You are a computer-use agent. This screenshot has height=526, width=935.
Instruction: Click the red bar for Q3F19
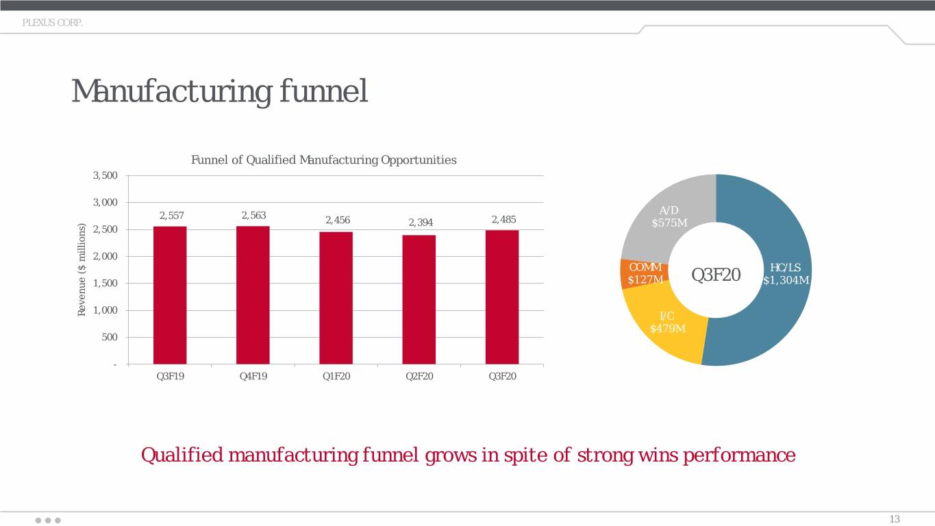170,295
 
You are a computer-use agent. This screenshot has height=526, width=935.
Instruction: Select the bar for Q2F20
419,300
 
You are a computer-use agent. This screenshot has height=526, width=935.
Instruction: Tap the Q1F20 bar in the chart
336,298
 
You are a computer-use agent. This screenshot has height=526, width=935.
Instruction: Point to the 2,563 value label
253,215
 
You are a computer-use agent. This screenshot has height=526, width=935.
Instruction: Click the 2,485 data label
504,219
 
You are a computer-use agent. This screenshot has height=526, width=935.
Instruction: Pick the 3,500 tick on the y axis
105,175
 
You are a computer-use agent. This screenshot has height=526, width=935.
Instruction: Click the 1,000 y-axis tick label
105,310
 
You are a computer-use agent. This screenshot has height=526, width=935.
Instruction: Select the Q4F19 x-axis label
253,376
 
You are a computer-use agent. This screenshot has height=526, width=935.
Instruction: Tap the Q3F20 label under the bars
503,376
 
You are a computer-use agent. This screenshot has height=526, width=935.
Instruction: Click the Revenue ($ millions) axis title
82,270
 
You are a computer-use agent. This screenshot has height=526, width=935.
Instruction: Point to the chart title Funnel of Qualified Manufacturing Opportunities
323,160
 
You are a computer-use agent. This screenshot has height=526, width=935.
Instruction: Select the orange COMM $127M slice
644,273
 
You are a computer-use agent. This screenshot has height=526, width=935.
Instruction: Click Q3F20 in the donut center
716,275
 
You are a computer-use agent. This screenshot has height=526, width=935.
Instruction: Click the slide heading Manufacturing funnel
220,91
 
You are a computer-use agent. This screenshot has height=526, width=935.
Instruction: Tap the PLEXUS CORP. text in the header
53,23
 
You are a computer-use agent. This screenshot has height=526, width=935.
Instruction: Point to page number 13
895,519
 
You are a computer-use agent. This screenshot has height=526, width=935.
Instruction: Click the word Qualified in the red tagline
182,455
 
